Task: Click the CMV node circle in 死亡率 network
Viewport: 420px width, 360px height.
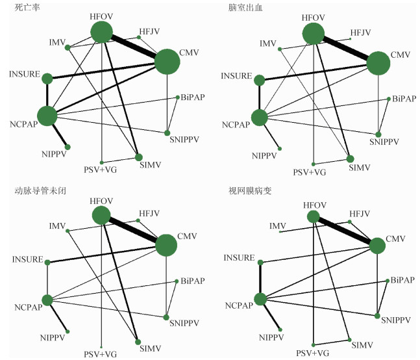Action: pyautogui.click(x=167, y=62)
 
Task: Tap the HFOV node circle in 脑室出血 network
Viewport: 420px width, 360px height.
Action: pyautogui.click(x=314, y=33)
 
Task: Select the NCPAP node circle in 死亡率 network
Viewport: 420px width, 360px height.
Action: pyautogui.click(x=47, y=116)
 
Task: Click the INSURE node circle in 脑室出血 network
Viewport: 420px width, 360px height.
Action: pyautogui.click(x=260, y=80)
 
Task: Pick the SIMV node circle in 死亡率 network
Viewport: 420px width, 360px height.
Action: pyautogui.click(x=138, y=157)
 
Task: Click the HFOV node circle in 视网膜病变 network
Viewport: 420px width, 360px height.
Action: pyautogui.click(x=314, y=216)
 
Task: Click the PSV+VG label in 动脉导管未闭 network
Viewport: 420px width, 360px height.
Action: pyautogui.click(x=101, y=354)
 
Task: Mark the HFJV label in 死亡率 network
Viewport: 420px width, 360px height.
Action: pyautogui.click(x=149, y=31)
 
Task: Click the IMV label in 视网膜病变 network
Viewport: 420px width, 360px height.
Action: pyautogui.click(x=278, y=225)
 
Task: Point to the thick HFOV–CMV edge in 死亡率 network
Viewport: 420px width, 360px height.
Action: pyautogui.click(x=134, y=46)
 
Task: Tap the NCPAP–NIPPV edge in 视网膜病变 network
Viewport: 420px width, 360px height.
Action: pyautogui.click(x=271, y=314)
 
